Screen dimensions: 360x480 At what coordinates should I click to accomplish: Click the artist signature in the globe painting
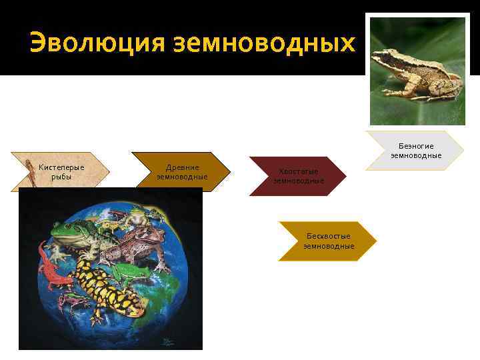(165, 341)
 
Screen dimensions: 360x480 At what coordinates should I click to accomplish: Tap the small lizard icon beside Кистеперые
(30, 171)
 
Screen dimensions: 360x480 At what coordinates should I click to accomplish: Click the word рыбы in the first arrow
(61, 177)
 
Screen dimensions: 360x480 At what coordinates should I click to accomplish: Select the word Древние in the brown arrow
(182, 167)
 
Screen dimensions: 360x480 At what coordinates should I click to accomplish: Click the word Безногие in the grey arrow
(416, 146)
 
